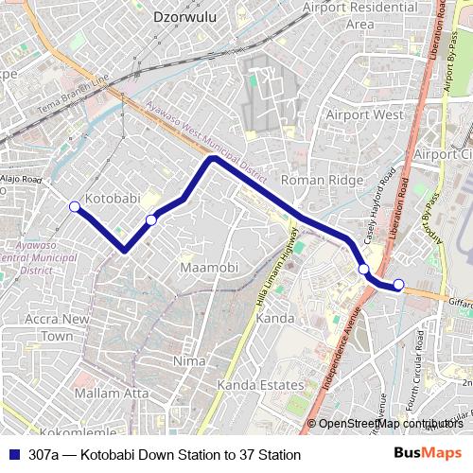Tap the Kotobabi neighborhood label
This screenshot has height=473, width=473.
click(x=113, y=199)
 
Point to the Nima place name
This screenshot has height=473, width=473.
click(x=190, y=361)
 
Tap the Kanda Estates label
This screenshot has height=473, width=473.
click(x=260, y=386)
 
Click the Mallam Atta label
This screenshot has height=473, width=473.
click(x=112, y=392)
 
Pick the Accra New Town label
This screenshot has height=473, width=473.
click(x=58, y=327)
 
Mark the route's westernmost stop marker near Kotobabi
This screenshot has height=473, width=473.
click(x=75, y=206)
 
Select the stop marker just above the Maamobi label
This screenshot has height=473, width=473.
click(x=151, y=220)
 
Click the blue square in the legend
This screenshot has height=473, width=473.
click(x=13, y=455)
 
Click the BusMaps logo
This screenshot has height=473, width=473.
click(x=428, y=454)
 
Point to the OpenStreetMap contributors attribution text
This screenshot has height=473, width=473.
click(x=390, y=424)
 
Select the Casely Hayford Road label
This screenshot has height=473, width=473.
click(x=374, y=206)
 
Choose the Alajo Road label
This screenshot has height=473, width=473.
click(x=21, y=178)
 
